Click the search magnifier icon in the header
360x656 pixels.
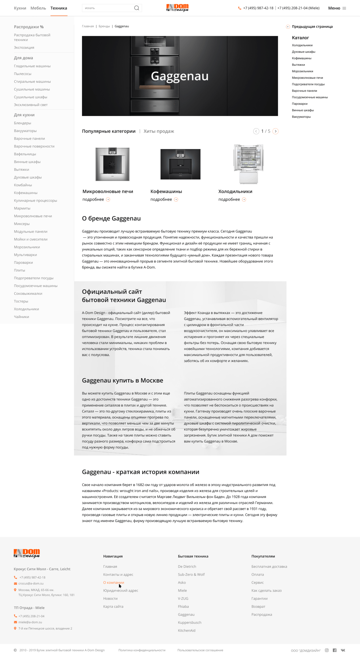pos(136,8)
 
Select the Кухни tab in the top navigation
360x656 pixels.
pos(20,8)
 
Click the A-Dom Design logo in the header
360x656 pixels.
pos(177,8)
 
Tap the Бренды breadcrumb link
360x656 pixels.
pos(104,26)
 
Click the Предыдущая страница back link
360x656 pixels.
pos(312,27)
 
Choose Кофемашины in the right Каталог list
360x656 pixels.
pos(301,58)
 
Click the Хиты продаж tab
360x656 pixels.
pos(159,131)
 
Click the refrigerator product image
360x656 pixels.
pos(248,164)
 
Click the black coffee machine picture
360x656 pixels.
pos(180,164)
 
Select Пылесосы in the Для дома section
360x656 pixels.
pos(23,74)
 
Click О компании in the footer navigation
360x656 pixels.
pos(114,582)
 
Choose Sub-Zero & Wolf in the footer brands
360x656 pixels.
pos(191,574)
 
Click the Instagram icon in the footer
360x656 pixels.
pos(327,650)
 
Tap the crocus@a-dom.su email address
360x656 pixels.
pos(31,583)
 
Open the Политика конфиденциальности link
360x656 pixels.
pos(142,650)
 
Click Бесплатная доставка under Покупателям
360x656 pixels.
pos(269,567)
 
